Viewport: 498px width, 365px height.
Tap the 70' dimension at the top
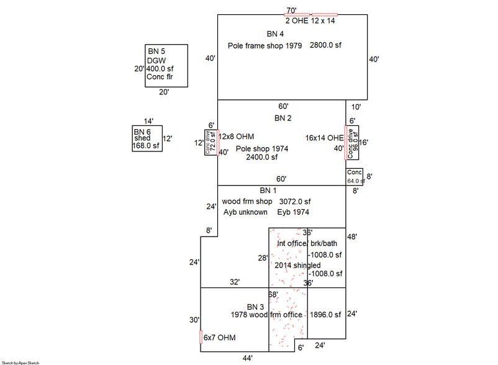click(291, 11)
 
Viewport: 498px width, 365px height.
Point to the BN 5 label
click(156, 50)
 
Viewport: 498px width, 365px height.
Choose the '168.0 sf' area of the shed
click(147, 146)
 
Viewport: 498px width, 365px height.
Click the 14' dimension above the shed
click(148, 122)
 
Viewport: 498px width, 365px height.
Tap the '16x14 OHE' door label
click(324, 137)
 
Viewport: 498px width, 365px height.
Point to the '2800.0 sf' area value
click(326, 47)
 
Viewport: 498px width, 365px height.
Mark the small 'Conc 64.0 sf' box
click(355, 176)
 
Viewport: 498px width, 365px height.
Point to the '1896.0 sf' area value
click(326, 315)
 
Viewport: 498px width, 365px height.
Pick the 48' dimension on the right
click(353, 237)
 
